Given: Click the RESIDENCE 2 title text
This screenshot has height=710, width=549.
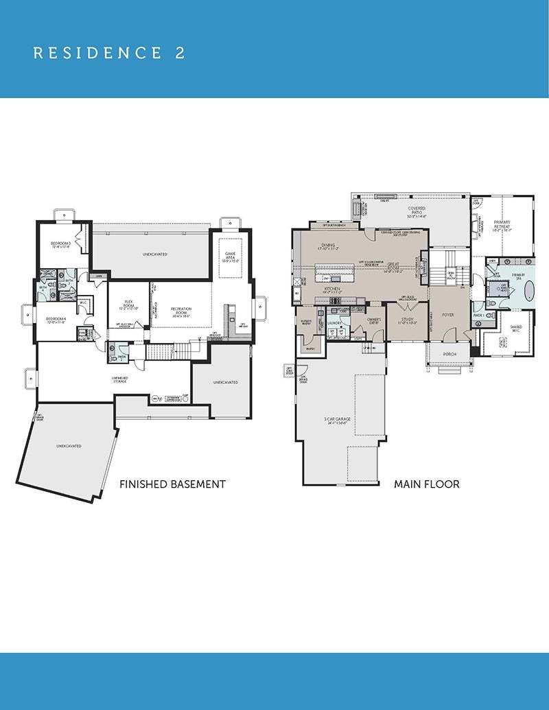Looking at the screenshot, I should pos(109,54).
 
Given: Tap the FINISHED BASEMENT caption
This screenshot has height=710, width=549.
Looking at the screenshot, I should pos(172,484).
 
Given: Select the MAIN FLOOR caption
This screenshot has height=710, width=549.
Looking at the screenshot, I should pos(426,484).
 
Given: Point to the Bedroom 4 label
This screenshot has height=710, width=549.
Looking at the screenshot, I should pos(56,320).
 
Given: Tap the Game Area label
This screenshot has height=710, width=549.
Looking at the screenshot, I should pos(231,257).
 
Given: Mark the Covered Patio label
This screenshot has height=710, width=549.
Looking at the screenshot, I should pos(416,211).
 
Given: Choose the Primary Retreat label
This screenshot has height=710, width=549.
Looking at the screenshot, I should pos(502,226).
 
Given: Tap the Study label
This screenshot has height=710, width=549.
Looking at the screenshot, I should pos(407,320).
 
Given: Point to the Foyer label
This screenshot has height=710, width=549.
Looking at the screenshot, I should pos(447,316).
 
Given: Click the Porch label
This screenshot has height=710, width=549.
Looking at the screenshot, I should pos(449,354).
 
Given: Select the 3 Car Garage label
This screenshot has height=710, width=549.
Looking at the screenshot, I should pos(335,421).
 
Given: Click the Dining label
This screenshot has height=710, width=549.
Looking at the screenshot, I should pos(327,246).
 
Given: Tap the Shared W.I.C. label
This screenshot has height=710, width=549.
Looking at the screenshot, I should pos(516,329).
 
